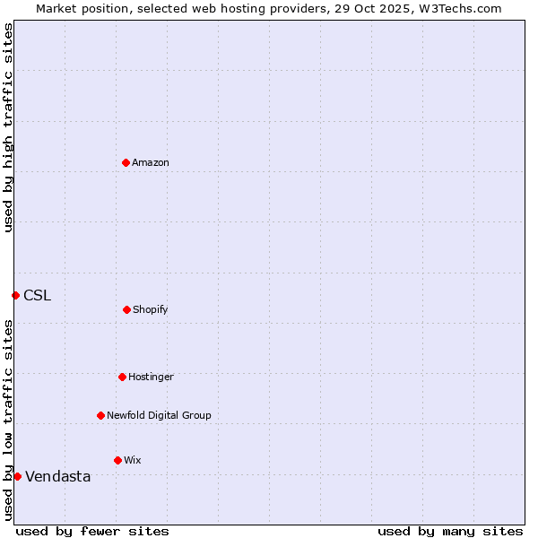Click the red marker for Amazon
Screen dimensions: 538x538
(126, 162)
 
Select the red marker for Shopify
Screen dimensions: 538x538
(126, 309)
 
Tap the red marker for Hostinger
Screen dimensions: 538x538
(122, 377)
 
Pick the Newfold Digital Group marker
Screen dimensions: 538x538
(100, 415)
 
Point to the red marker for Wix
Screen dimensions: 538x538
(117, 460)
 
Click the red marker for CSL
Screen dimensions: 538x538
(15, 295)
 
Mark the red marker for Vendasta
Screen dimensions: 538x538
(17, 476)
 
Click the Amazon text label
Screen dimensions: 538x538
(151, 162)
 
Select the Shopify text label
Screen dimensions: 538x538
(151, 309)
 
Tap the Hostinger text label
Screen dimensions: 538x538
(151, 377)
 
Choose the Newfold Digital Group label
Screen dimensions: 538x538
(159, 415)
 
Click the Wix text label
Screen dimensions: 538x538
(133, 460)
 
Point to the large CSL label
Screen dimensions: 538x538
(38, 295)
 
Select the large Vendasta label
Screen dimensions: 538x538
(58, 476)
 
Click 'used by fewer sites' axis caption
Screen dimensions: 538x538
(92, 531)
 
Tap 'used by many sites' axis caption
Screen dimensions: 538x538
(450, 531)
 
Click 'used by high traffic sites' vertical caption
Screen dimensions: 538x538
(8, 127)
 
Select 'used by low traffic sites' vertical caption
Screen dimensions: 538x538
(8, 420)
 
